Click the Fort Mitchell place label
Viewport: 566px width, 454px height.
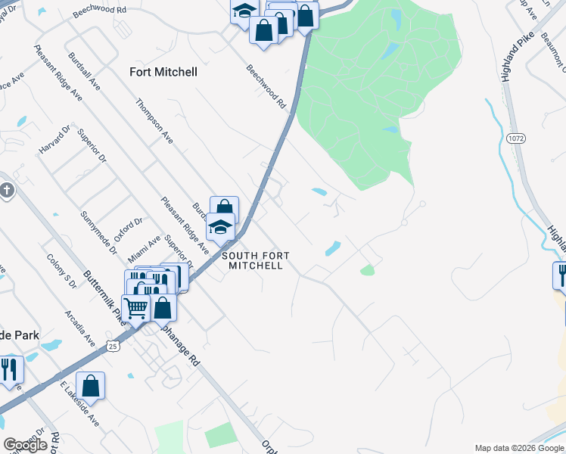163,72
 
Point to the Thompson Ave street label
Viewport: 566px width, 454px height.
155,121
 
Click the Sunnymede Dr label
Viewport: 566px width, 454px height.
99,232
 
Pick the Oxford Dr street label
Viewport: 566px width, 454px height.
129,232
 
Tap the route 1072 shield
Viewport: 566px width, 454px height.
516,138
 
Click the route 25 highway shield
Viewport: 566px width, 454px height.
113,345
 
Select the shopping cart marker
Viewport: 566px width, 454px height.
135,308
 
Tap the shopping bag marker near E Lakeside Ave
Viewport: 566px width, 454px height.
90,385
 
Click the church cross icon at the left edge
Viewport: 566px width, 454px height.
6,190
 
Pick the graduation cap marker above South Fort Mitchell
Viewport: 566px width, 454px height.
221,227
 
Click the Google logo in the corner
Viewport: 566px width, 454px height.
26,444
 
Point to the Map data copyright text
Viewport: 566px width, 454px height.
519,448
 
